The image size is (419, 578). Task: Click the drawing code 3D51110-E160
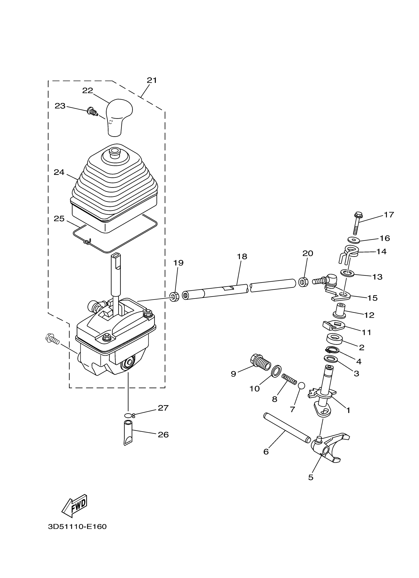click(x=77, y=527)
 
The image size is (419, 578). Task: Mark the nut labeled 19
click(x=174, y=297)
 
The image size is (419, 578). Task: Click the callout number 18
click(x=242, y=257)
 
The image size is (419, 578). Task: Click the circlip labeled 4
click(x=332, y=350)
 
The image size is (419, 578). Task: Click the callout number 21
click(x=152, y=80)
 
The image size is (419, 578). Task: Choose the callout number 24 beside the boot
click(x=59, y=172)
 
